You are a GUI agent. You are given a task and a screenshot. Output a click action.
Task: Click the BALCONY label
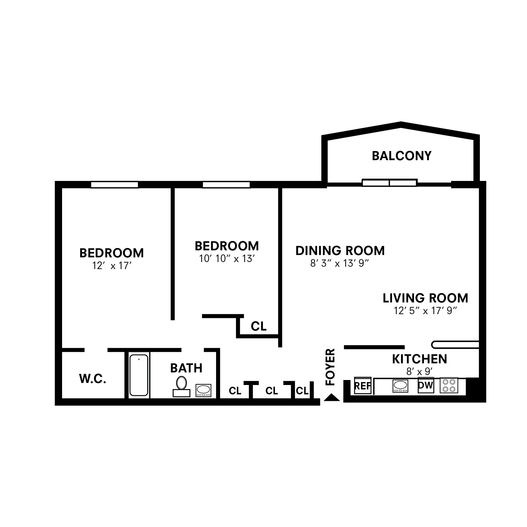[401, 156]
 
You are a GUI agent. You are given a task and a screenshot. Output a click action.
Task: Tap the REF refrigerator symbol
[362, 386]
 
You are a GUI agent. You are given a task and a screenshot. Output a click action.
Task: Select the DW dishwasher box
[425, 385]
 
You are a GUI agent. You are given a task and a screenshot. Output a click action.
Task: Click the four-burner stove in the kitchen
[449, 386]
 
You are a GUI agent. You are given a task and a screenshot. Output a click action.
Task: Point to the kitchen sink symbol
[400, 386]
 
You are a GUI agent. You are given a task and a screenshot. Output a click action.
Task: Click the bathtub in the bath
[138, 375]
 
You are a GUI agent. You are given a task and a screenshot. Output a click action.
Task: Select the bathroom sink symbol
[203, 390]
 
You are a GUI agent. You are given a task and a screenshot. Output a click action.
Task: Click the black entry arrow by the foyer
[332, 397]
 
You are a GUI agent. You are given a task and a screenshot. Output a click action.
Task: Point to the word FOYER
[330, 367]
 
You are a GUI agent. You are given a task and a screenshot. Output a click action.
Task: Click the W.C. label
[93, 379]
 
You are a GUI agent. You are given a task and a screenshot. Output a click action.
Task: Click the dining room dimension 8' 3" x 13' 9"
[339, 263]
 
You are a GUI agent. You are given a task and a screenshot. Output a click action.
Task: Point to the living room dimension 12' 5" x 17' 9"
[425, 311]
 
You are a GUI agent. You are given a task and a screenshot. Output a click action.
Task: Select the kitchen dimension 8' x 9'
[419, 372]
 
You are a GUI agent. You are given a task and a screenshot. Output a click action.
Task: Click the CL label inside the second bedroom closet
[259, 326]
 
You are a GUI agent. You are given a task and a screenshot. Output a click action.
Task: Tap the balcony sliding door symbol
[389, 183]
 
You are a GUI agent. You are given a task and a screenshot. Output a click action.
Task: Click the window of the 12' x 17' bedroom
[114, 185]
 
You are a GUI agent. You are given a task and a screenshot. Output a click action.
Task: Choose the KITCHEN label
[419, 359]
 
